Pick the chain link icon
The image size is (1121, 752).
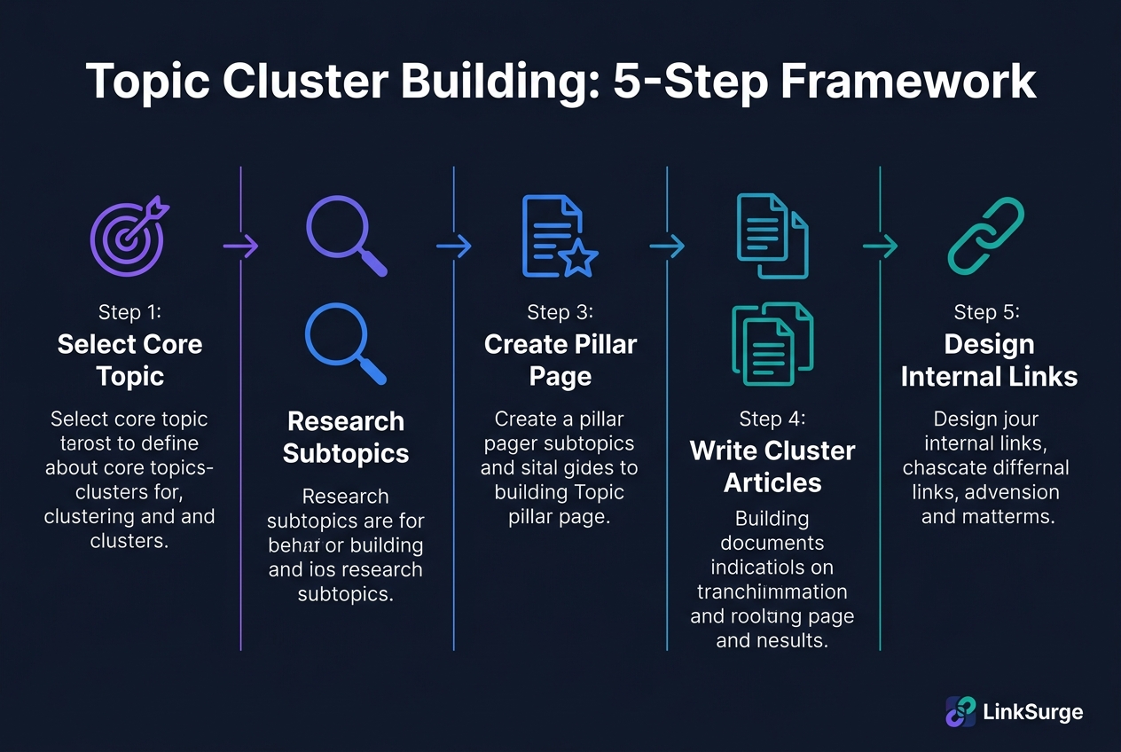tap(986, 235)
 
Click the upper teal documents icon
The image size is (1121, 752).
tap(772, 235)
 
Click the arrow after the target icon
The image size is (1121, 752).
tap(239, 247)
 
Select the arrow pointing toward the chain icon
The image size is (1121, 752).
tap(880, 247)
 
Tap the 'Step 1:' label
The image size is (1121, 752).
tap(129, 312)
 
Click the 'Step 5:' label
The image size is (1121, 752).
tap(987, 312)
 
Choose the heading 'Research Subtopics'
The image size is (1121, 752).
tap(346, 437)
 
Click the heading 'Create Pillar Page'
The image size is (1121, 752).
tap(560, 360)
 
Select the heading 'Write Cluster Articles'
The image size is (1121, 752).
tap(772, 466)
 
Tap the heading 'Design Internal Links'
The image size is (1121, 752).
tap(989, 360)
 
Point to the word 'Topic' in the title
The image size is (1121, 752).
tap(147, 82)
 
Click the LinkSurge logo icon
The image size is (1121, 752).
tap(960, 711)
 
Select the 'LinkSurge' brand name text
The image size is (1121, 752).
tap(1033, 711)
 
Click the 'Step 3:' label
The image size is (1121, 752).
tap(560, 312)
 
